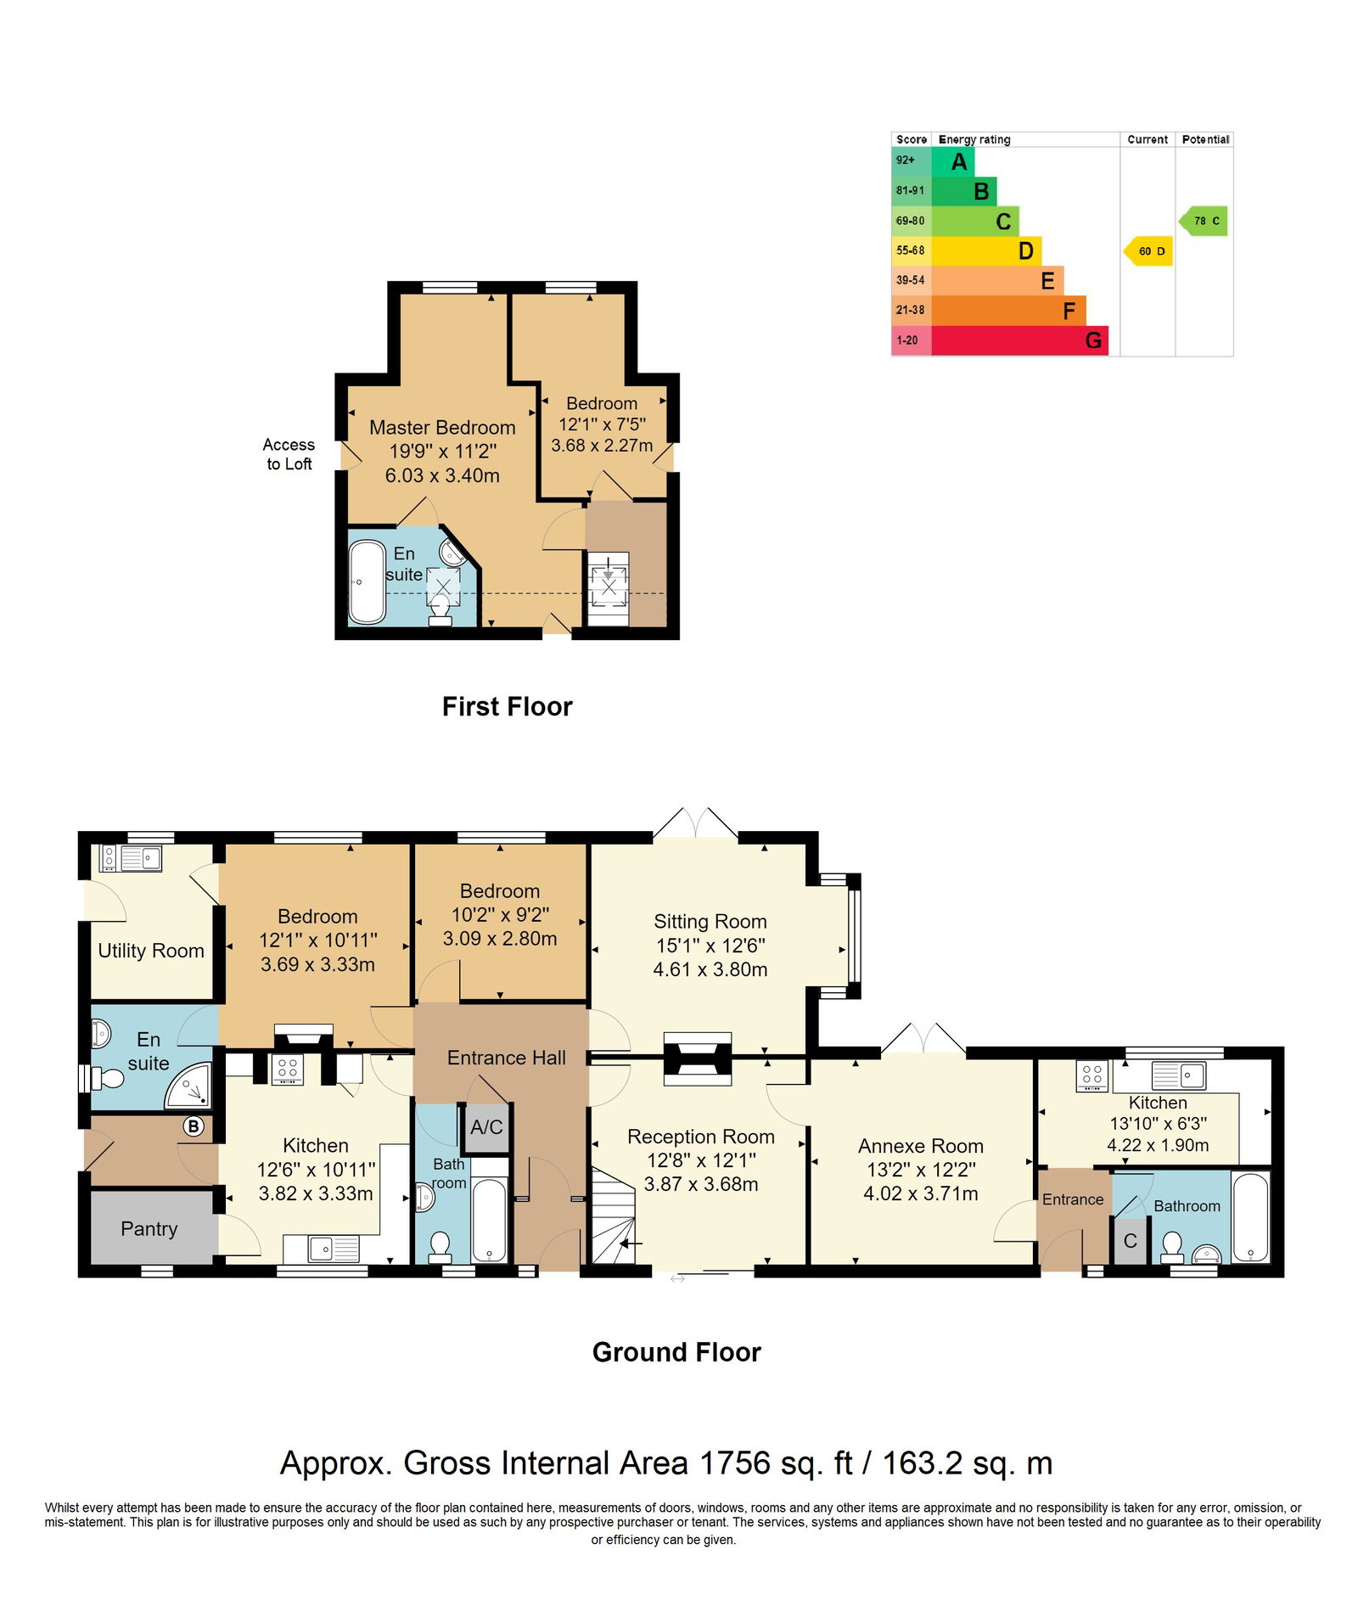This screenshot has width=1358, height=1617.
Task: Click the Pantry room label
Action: (x=149, y=1228)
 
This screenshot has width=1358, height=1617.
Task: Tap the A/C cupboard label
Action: (x=486, y=1127)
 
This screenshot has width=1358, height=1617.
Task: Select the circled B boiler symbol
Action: (x=194, y=1126)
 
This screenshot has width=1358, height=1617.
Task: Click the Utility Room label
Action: (x=151, y=951)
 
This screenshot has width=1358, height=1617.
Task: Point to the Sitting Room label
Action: (x=710, y=921)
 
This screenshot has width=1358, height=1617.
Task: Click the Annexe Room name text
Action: (x=920, y=1146)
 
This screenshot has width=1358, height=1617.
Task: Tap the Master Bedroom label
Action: (x=442, y=428)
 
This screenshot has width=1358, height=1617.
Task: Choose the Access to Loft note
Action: (x=289, y=454)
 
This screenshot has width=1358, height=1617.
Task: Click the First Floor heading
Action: (x=507, y=706)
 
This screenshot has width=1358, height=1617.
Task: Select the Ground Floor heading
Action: (x=676, y=1351)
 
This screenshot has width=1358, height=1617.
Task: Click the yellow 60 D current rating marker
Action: (x=1148, y=251)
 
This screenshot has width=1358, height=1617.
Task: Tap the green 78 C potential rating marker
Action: (x=1203, y=221)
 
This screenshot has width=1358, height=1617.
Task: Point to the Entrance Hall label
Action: (x=506, y=1058)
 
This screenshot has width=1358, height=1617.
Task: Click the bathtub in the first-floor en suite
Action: (x=368, y=582)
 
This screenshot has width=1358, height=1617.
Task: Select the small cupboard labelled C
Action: (x=1130, y=1241)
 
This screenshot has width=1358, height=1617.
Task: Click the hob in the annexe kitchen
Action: (x=1092, y=1076)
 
